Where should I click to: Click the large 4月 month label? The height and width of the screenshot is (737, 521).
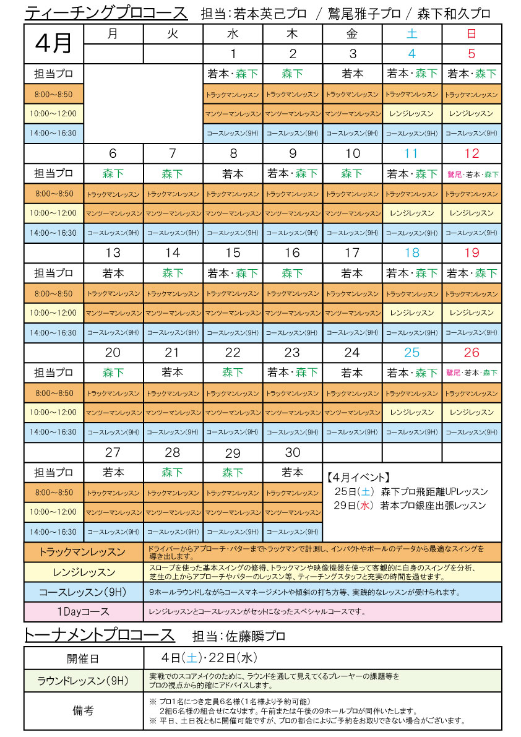click(53, 43)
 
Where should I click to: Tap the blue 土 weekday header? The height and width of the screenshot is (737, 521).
click(411, 34)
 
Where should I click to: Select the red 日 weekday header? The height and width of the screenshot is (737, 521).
click(471, 34)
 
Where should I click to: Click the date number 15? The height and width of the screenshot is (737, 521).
click(233, 253)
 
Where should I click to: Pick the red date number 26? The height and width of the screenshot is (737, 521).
click(471, 353)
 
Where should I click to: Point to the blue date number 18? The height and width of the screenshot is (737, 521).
click(411, 253)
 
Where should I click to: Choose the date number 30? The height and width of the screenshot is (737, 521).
click(293, 452)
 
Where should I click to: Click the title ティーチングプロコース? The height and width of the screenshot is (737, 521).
click(106, 13)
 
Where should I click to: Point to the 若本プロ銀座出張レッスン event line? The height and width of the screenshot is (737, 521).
click(409, 506)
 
